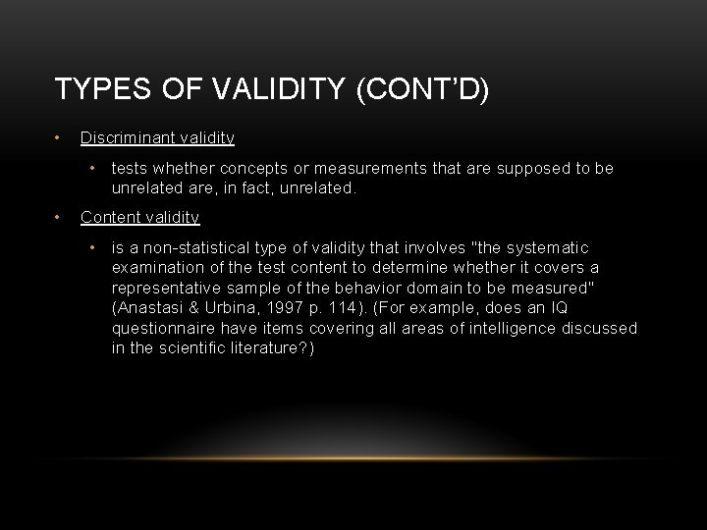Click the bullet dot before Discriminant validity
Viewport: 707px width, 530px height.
[x=60, y=137]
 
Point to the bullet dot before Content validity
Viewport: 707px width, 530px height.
[x=60, y=217]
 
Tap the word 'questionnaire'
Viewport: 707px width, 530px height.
[x=163, y=327]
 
